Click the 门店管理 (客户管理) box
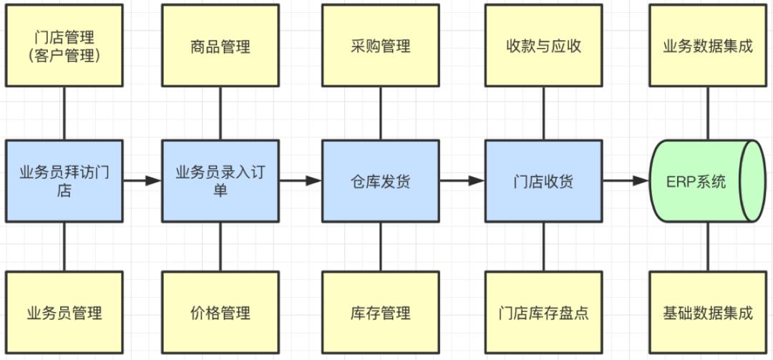(x=64, y=46)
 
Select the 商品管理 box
(x=220, y=46)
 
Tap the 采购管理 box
(x=381, y=46)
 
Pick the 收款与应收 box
(x=544, y=46)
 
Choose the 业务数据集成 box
(x=708, y=46)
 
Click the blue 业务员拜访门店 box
(x=64, y=181)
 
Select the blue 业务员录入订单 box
(x=220, y=181)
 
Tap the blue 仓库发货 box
(x=381, y=181)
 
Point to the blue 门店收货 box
(x=544, y=181)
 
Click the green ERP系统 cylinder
(x=708, y=181)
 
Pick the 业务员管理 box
(x=64, y=312)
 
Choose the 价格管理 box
(x=220, y=312)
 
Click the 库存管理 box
(x=381, y=312)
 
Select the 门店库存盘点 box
(x=544, y=312)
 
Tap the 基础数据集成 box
(x=708, y=312)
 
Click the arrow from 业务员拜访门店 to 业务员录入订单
(x=142, y=181)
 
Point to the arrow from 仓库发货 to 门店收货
(x=462, y=181)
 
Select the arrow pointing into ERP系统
(x=626, y=181)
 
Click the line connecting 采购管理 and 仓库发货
(x=381, y=113)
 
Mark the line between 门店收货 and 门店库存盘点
(x=544, y=247)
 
